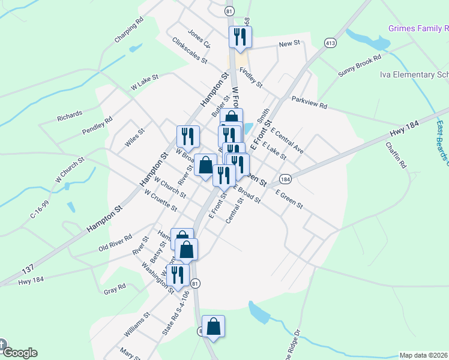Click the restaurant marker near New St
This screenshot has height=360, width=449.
[240, 37]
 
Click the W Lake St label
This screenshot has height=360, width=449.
[145, 82]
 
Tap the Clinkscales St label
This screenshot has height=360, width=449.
[189, 51]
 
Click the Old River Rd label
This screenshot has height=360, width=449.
[115, 243]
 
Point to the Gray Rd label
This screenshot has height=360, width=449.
[115, 289]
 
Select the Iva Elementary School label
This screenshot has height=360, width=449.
[414, 74]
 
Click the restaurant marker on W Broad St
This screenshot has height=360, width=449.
[188, 137]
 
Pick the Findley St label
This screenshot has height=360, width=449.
[251, 77]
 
